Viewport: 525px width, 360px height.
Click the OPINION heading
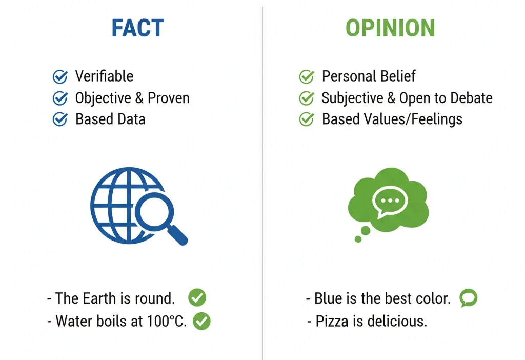390,29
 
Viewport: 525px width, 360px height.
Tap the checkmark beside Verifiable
60,77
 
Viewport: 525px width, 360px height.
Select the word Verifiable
104,76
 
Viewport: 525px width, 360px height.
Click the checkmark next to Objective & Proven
60,98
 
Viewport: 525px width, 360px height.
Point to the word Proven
169,98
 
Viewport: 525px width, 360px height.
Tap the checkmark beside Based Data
60,119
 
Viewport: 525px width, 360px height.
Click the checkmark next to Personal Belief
307,77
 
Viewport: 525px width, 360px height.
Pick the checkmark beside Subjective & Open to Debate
307,98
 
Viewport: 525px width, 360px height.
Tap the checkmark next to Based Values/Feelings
307,119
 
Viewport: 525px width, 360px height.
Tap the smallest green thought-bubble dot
358,239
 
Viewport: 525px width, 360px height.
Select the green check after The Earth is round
197,297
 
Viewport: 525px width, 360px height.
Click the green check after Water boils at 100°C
201,322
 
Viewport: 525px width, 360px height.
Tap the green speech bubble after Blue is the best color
468,298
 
